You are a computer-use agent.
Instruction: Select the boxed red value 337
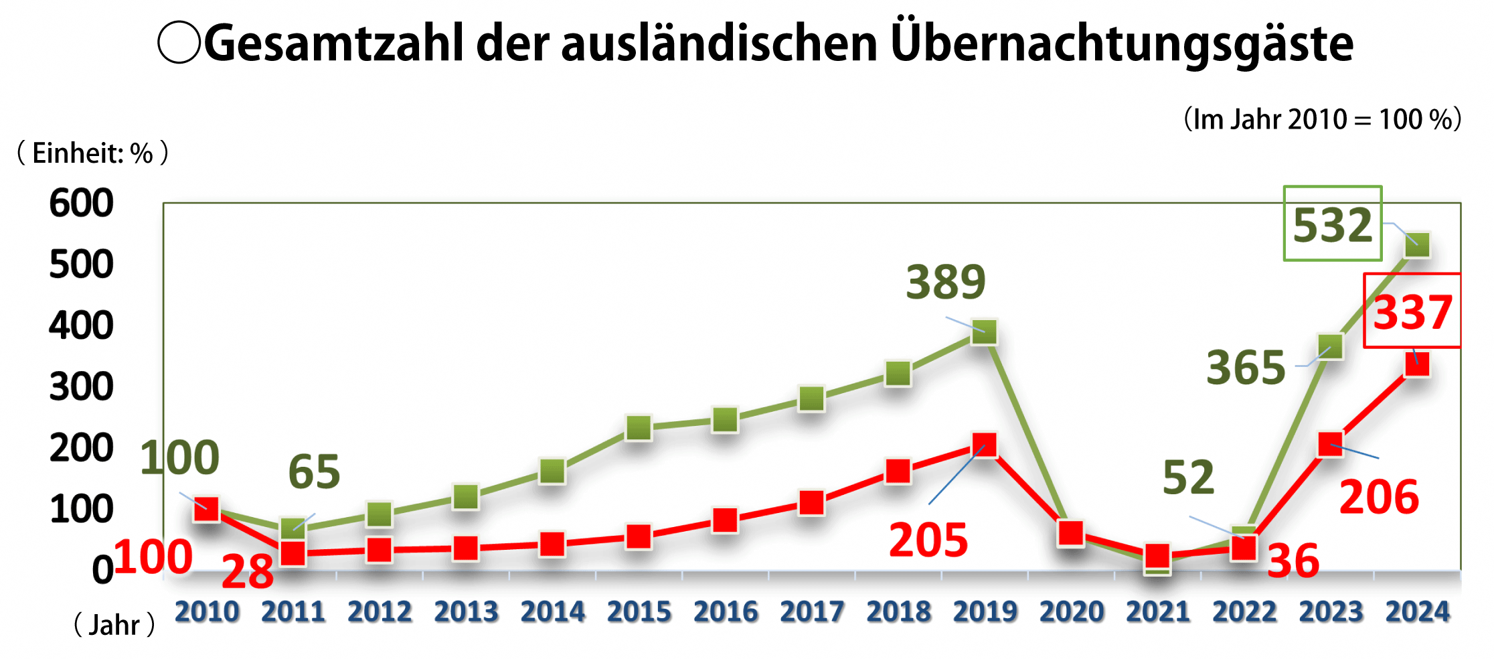pyautogui.click(x=1412, y=312)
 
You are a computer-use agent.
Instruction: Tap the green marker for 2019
pyautogui.click(x=984, y=332)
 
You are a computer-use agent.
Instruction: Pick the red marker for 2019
pyautogui.click(x=984, y=445)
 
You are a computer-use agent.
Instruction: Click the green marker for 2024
pyautogui.click(x=1417, y=244)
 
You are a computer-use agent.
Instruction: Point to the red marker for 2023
pyautogui.click(x=1331, y=445)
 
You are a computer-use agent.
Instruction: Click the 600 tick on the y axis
pyautogui.click(x=81, y=203)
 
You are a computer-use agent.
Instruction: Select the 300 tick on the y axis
pyautogui.click(x=81, y=387)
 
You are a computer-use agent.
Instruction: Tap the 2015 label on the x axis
pyautogui.click(x=639, y=611)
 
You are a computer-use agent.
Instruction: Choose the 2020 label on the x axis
pyautogui.click(x=1071, y=611)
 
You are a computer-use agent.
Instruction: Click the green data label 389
pyautogui.click(x=945, y=282)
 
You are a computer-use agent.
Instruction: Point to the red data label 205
pyautogui.click(x=928, y=540)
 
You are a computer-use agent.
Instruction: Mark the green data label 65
pyautogui.click(x=314, y=471)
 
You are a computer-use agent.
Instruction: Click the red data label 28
pyautogui.click(x=247, y=571)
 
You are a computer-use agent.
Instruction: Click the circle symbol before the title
pyautogui.click(x=179, y=42)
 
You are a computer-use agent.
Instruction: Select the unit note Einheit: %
pyautogui.click(x=92, y=153)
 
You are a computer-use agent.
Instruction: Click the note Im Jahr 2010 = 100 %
pyautogui.click(x=1322, y=119)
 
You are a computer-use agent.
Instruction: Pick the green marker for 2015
pyautogui.click(x=639, y=427)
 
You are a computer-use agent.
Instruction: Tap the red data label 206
pyautogui.click(x=1379, y=497)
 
